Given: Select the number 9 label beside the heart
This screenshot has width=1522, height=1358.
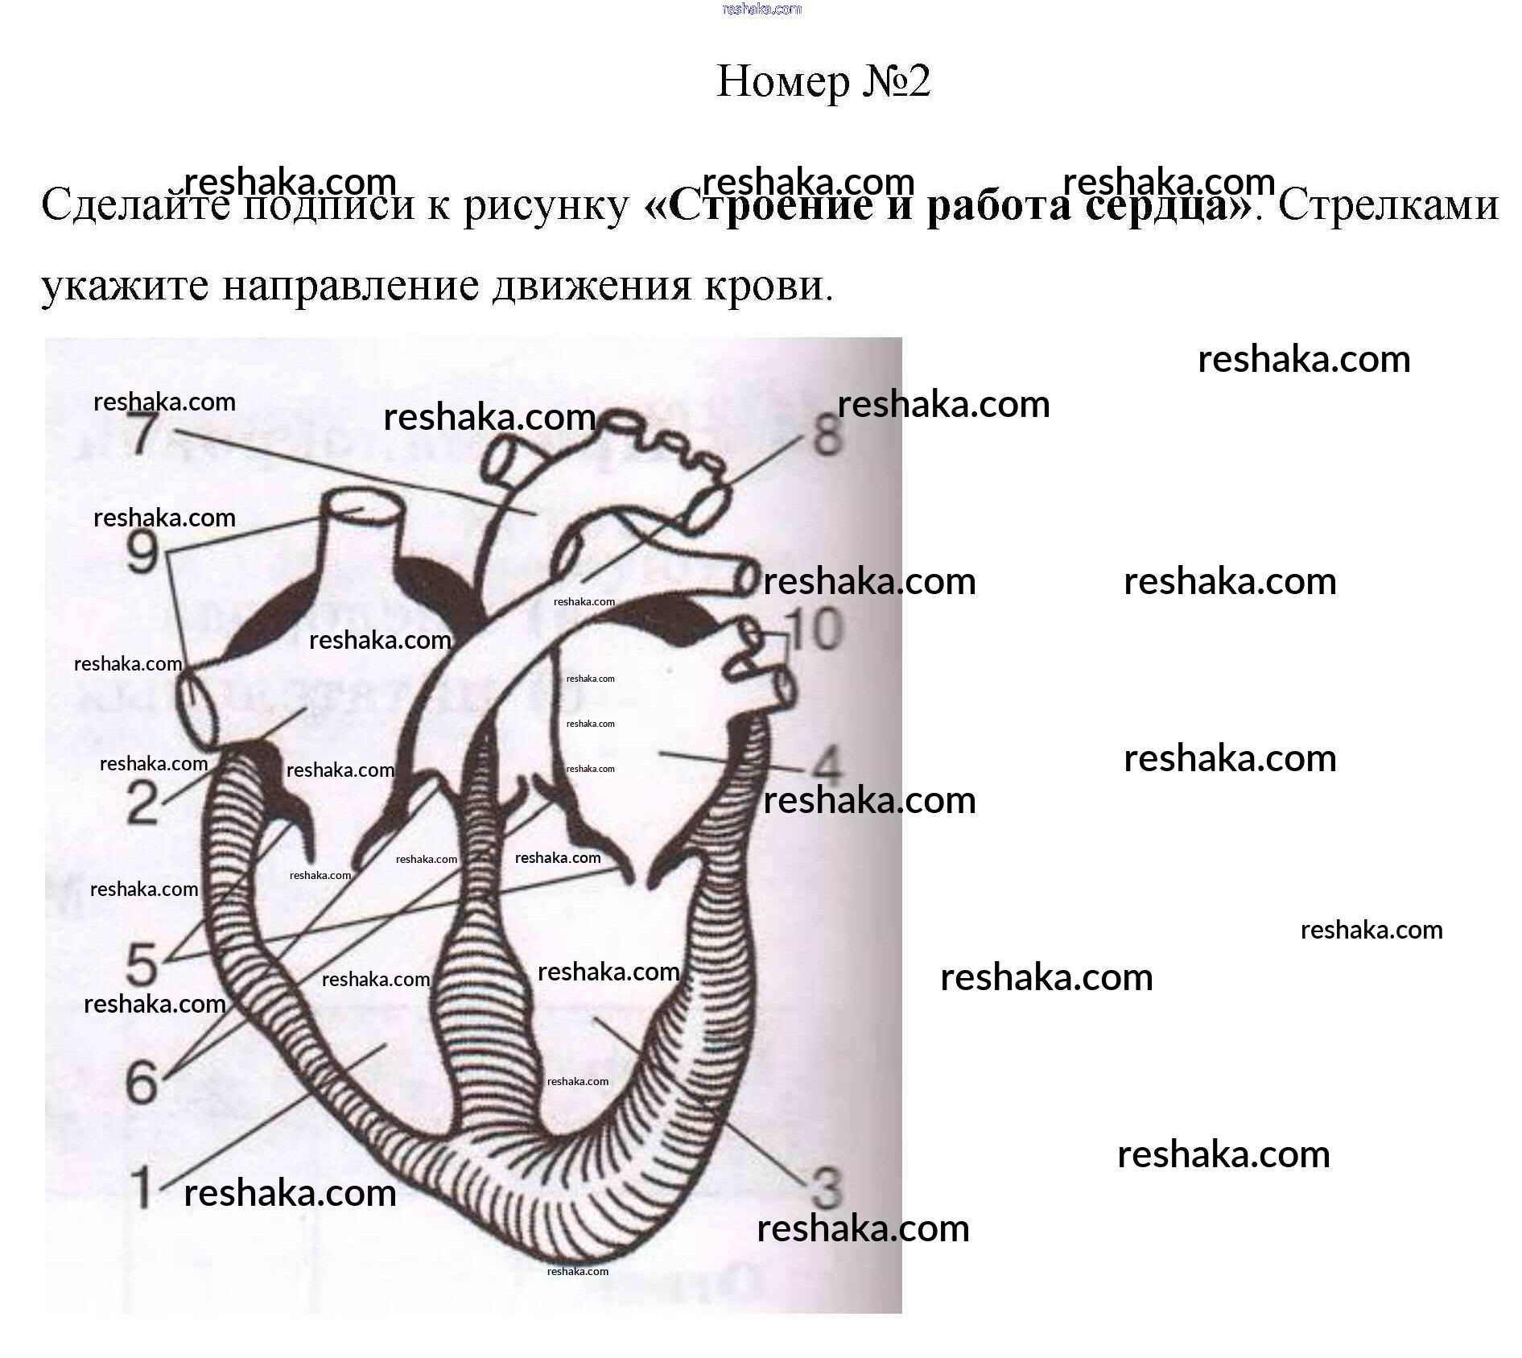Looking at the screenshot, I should point(143,553).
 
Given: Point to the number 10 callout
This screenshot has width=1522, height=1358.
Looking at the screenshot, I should point(815,629).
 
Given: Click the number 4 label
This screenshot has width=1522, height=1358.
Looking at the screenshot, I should point(825,766).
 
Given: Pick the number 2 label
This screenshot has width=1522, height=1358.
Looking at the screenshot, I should point(143,802).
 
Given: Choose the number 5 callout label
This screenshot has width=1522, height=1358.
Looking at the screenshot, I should point(142,963).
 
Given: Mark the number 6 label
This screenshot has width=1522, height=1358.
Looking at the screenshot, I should point(142,1080).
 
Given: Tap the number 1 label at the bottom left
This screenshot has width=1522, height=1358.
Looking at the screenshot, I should point(142,1187).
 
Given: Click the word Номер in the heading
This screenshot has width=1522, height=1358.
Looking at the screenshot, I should point(782,82).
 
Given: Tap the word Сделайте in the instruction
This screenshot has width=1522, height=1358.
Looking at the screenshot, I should point(132,205).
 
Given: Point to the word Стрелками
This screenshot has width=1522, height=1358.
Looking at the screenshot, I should point(1388,205).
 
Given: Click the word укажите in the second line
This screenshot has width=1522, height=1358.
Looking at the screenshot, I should point(125,286).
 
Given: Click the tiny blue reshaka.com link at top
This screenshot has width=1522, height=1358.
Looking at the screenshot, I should point(762,9).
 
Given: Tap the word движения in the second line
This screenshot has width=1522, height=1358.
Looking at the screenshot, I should point(592,286).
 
